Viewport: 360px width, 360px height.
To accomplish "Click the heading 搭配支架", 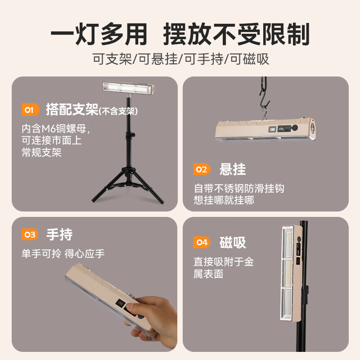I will click(72, 109).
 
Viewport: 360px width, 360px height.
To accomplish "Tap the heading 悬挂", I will click(233, 169).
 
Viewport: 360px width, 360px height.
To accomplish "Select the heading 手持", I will click(59, 234).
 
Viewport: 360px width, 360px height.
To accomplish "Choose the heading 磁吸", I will click(233, 243).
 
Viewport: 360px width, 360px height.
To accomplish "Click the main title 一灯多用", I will click(99, 35).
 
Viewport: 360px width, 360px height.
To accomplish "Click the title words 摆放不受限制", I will click(237, 35).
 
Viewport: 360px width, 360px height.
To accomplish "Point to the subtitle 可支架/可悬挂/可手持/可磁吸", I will click(180, 59).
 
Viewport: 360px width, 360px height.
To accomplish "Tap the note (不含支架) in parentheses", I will click(118, 111).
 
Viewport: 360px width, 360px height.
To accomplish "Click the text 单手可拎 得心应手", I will click(63, 253).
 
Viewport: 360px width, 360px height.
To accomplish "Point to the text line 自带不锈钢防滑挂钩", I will click(239, 189).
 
